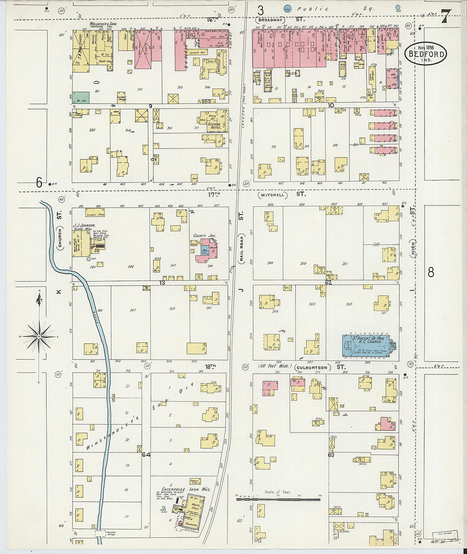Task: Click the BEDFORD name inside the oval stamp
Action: pyautogui.click(x=425, y=54)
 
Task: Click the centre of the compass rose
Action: pyautogui.click(x=39, y=336)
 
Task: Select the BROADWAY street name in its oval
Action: pyautogui.click(x=270, y=20)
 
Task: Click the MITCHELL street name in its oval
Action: pyautogui.click(x=273, y=195)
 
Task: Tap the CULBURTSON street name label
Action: pyautogui.click(x=313, y=367)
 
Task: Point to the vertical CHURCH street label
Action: pyautogui.click(x=60, y=239)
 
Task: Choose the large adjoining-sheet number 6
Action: pyautogui.click(x=39, y=183)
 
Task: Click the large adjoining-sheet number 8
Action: pyautogui.click(x=431, y=272)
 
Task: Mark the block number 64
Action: pyautogui.click(x=146, y=455)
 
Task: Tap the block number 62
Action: pyautogui.click(x=328, y=282)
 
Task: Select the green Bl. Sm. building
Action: pyautogui.click(x=81, y=98)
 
